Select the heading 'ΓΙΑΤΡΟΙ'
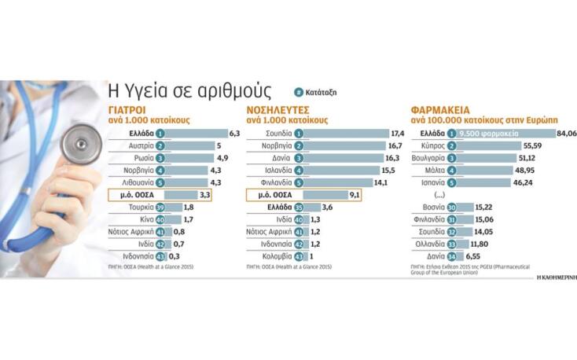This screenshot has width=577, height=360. coord(129,112)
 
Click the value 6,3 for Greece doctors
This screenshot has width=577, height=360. coord(233,134)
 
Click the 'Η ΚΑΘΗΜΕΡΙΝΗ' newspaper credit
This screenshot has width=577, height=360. coord(557,277)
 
